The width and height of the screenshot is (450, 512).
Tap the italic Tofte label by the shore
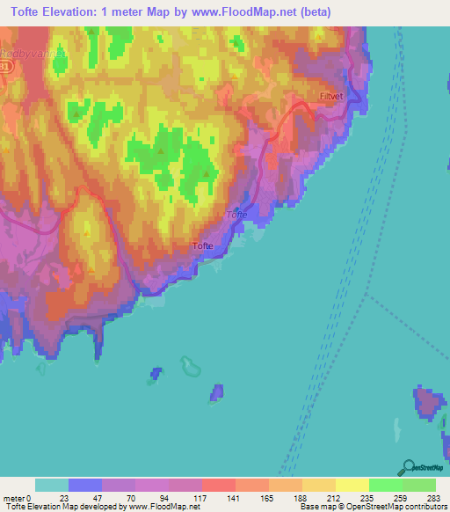[x=237, y=215]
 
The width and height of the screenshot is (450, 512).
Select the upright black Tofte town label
[x=204, y=247]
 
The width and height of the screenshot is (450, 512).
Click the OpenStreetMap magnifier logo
[x=408, y=468]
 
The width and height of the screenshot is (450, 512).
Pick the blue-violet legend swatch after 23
[x=85, y=485]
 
